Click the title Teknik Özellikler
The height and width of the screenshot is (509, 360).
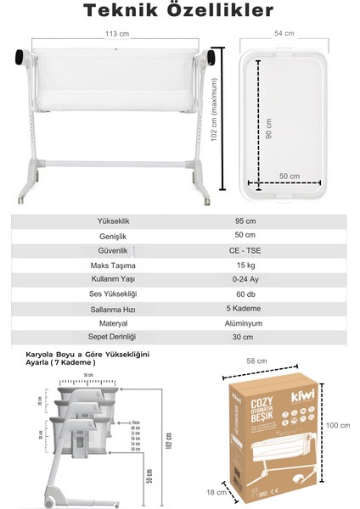[x=179, y=13]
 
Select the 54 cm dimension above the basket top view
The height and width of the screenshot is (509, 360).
[x=284, y=34]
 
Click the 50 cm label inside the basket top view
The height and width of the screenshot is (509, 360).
[x=290, y=176]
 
